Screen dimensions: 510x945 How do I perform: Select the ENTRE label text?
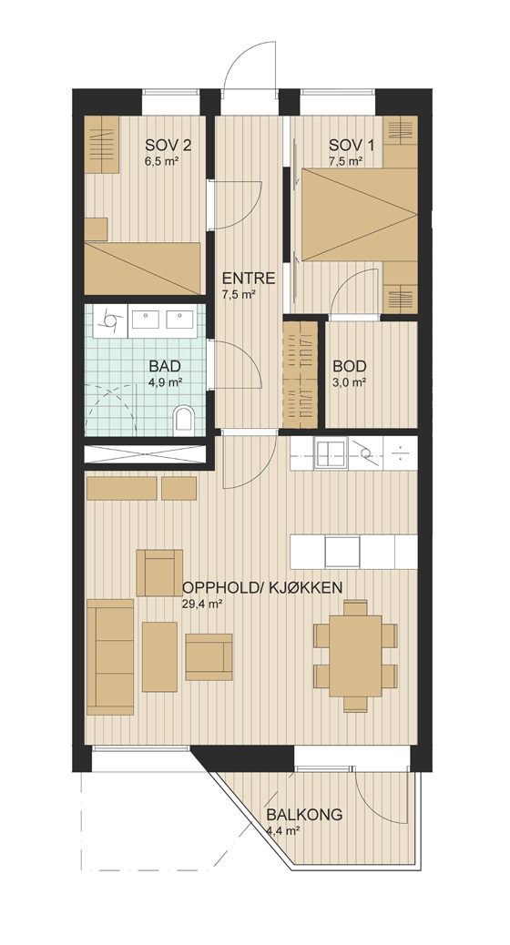tap(249, 279)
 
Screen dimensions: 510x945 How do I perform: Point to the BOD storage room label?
tap(350, 366)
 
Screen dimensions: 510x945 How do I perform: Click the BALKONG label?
tap(304, 815)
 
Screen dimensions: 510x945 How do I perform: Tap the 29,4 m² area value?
tap(199, 605)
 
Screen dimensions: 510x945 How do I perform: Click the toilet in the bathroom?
tap(183, 419)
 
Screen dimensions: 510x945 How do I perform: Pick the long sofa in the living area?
tap(109, 657)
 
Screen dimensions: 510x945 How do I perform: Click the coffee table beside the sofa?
tap(159, 657)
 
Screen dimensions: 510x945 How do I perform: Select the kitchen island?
tap(353, 552)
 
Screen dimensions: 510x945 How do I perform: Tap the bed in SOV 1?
tap(360, 215)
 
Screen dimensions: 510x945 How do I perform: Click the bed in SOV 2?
tap(142, 269)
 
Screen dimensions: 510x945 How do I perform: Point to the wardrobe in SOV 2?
tap(101, 144)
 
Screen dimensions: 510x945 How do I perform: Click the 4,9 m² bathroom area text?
tap(167, 381)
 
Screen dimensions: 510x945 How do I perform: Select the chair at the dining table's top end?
tap(356, 607)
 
